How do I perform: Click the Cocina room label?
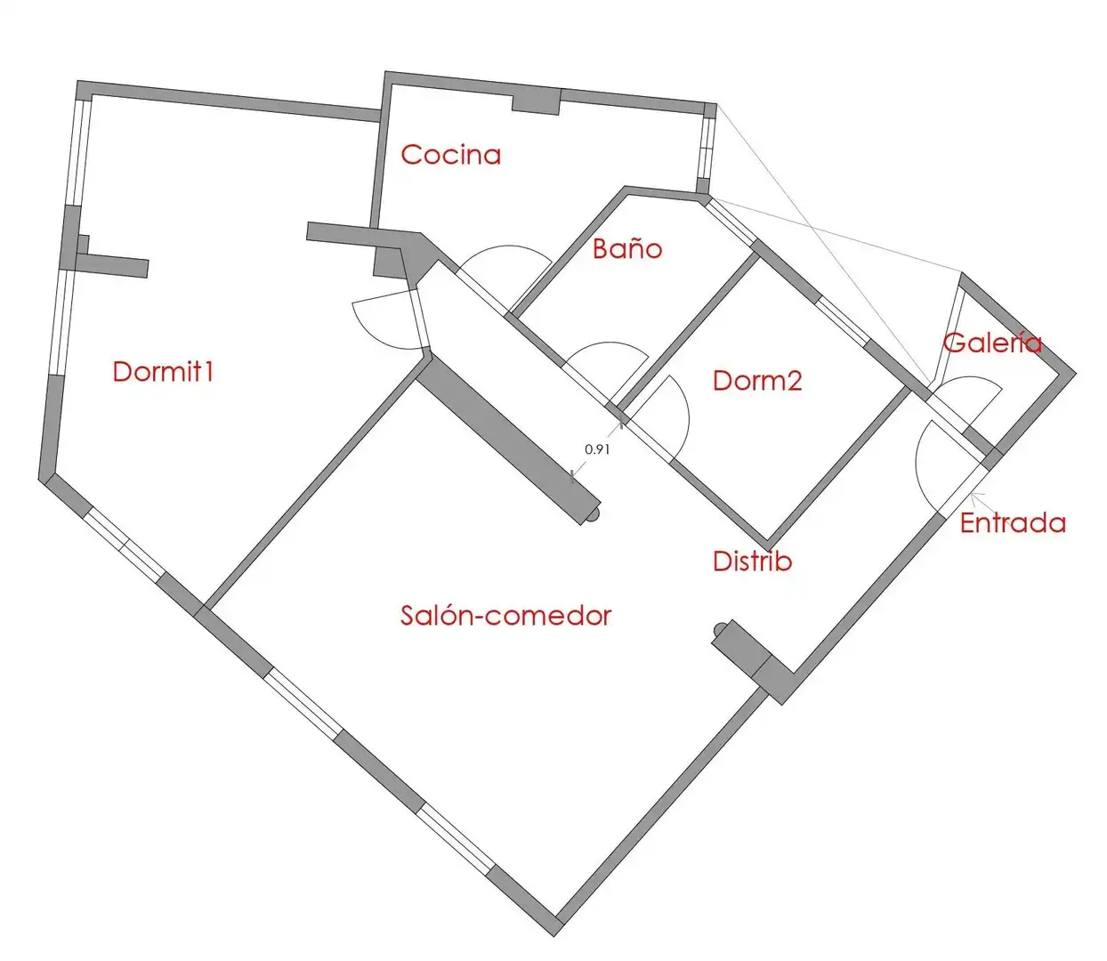click(x=450, y=155)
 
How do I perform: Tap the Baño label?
click(x=627, y=248)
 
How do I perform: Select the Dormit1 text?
click(x=163, y=372)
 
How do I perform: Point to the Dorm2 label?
click(x=757, y=380)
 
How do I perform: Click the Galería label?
click(x=992, y=342)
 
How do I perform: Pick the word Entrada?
click(x=1013, y=523)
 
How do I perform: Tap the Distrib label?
click(x=752, y=561)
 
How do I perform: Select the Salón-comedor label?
click(x=505, y=616)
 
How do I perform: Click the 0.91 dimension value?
click(x=597, y=448)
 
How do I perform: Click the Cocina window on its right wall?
click(x=707, y=149)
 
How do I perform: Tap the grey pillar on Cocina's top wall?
click(x=537, y=102)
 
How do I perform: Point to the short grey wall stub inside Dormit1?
click(x=111, y=265)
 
